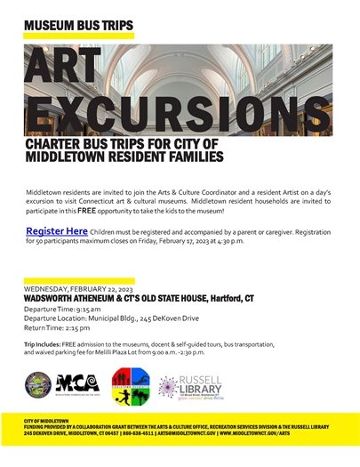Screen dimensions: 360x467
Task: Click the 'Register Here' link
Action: [x=57, y=231]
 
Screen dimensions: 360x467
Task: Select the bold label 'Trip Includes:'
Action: [x=44, y=343]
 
